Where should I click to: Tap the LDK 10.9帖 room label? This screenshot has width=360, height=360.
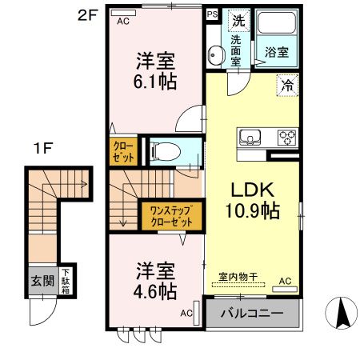pos(254,201)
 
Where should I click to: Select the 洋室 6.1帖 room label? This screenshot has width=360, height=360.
pos(155,70)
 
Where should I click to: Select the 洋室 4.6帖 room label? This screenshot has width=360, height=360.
pos(155,280)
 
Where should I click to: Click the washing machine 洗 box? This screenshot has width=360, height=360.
pos(238,19)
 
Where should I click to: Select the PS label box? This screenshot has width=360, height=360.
pos(212,14)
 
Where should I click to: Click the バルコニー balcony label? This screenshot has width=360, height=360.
pos(252,313)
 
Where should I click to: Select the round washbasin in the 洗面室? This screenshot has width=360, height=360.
pos(214,56)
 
